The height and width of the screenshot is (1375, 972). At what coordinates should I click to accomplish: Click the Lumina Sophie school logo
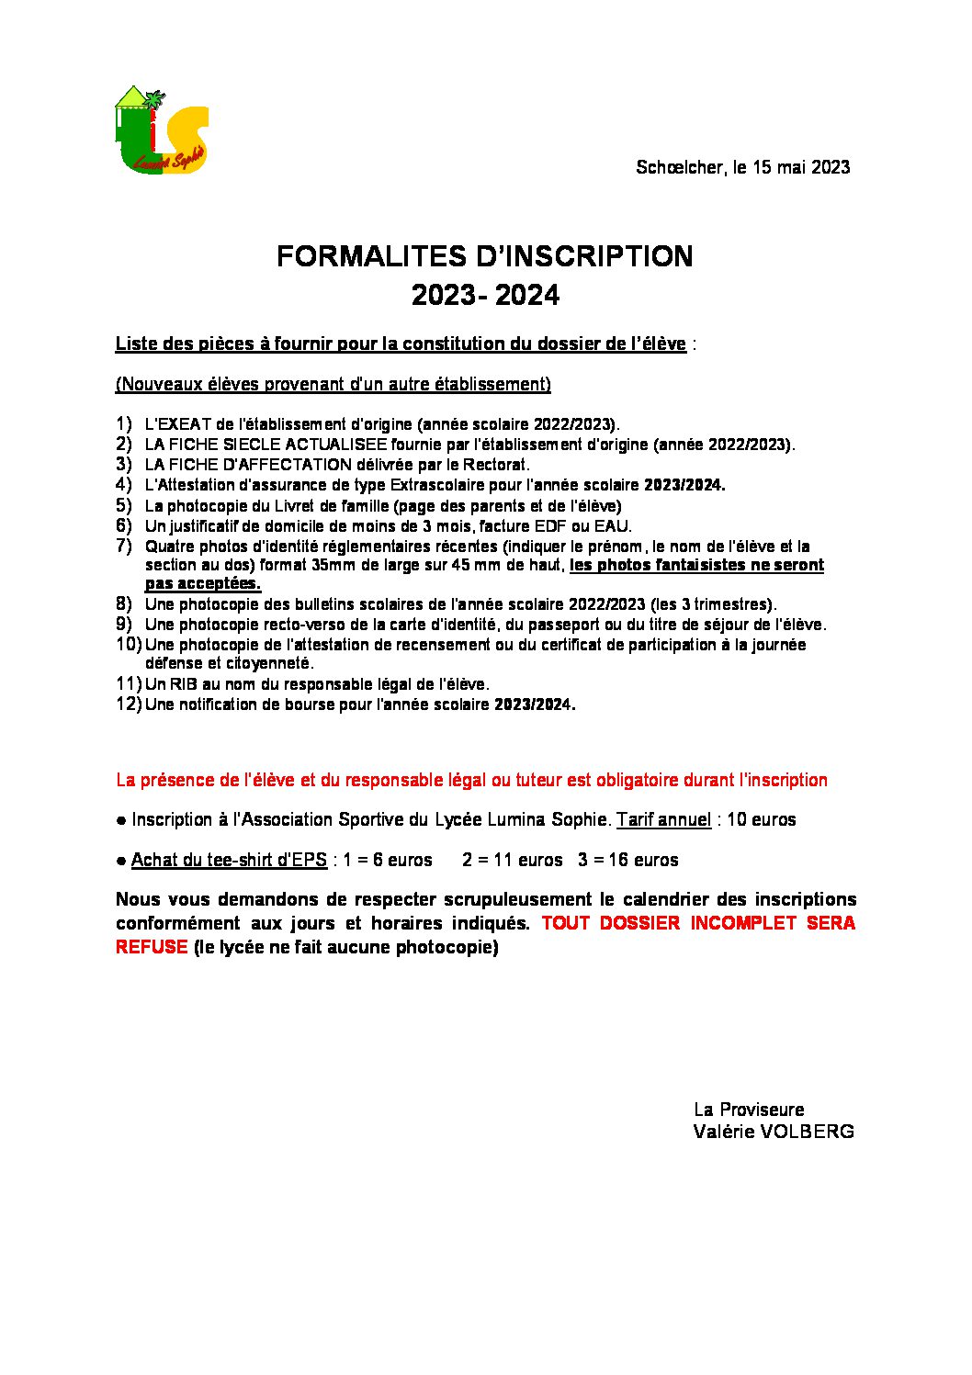[x=162, y=130]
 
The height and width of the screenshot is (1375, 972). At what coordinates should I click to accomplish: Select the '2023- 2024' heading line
[x=485, y=296]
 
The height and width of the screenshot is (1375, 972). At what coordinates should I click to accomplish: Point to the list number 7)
[x=124, y=547]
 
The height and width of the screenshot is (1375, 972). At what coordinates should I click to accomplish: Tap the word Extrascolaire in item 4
[x=435, y=485]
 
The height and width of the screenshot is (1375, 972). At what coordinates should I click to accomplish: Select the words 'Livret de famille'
[x=283, y=506]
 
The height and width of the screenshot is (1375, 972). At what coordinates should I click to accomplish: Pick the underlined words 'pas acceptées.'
[x=202, y=583]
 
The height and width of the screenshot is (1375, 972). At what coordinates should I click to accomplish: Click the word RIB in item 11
[x=182, y=684]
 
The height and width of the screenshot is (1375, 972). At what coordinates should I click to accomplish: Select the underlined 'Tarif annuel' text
[x=663, y=819]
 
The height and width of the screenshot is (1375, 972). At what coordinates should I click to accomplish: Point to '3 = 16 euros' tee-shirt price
[x=628, y=860]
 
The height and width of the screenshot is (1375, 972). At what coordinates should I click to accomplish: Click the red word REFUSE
[x=152, y=947]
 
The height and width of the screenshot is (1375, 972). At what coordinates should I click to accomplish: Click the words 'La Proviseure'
[x=749, y=1110]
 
